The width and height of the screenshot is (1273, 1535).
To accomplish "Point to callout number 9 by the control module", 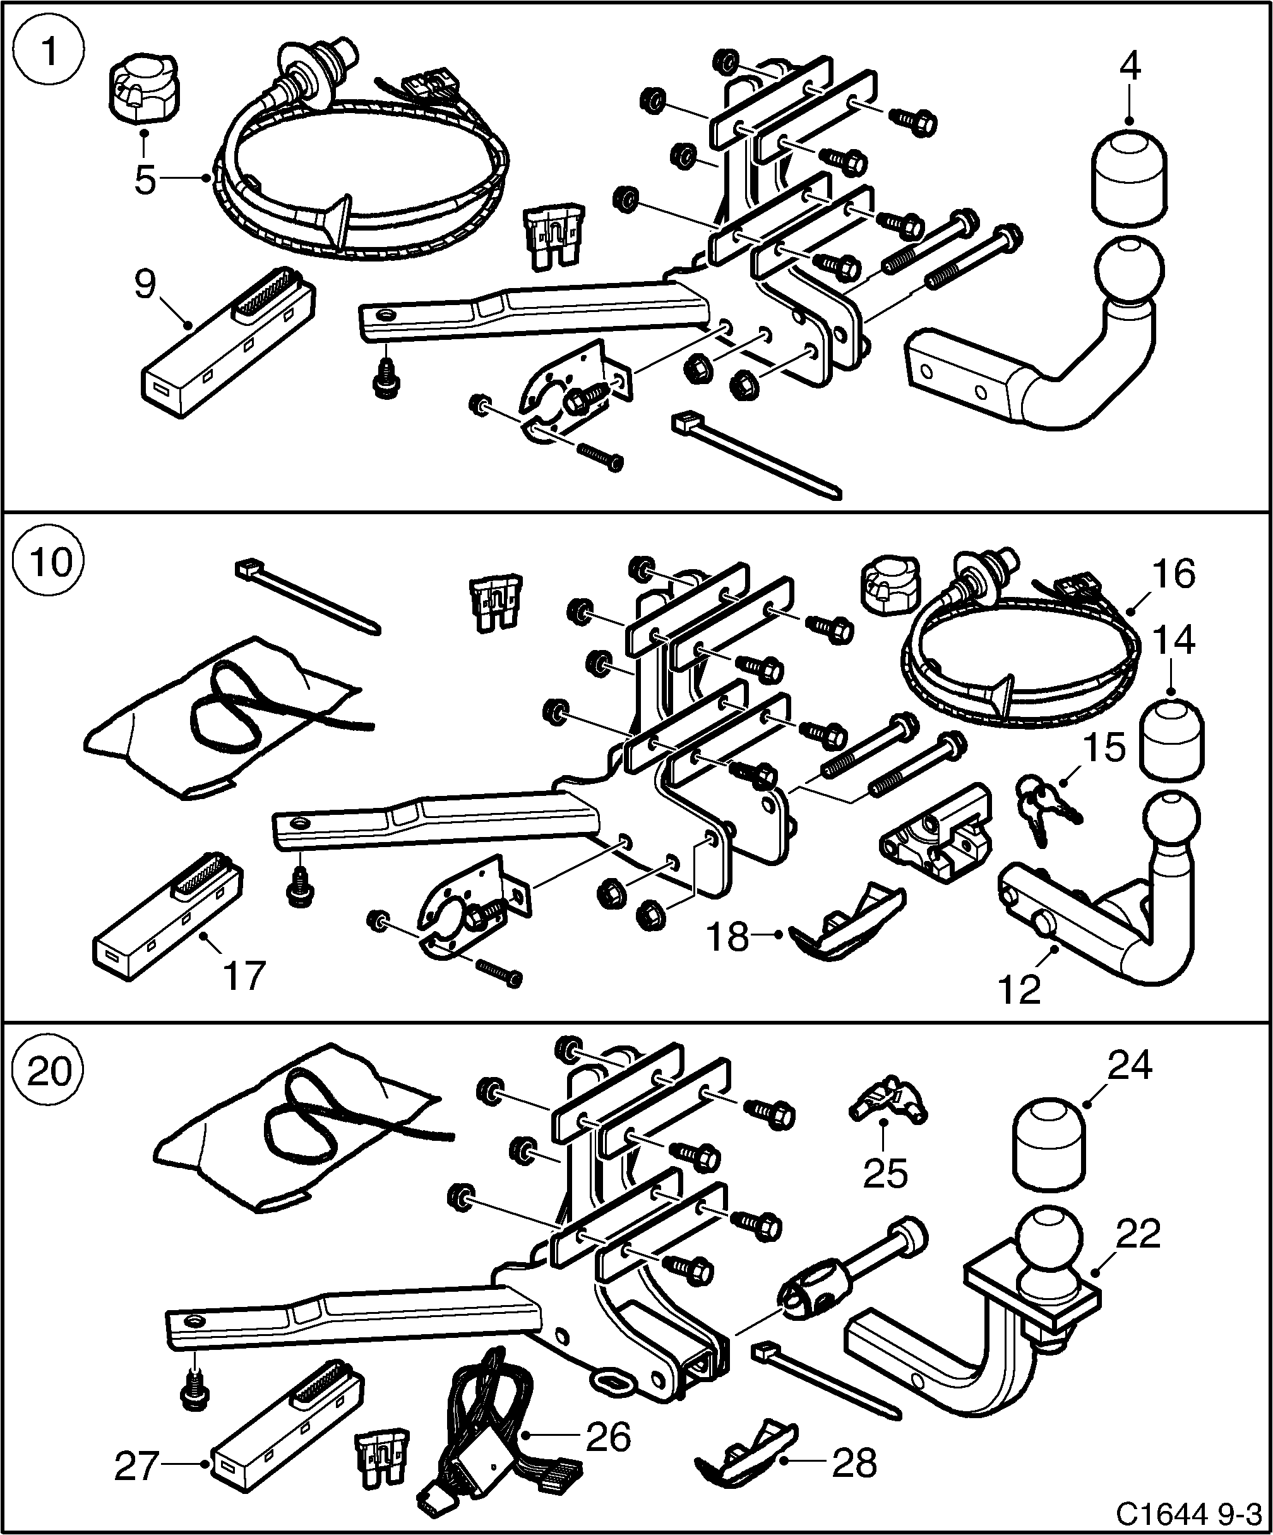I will [x=145, y=284].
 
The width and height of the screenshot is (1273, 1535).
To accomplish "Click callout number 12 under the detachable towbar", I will [x=1019, y=990].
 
